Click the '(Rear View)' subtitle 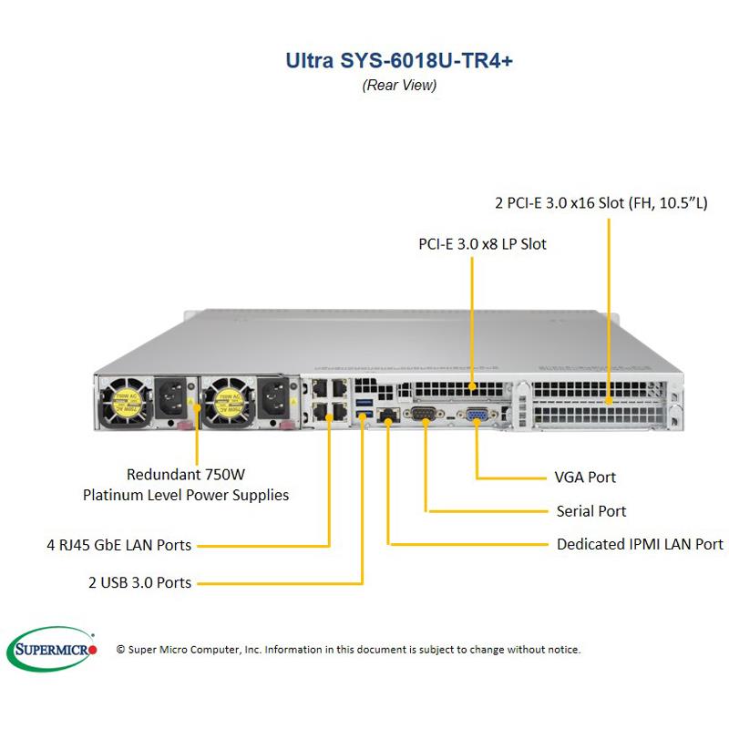coord(399,86)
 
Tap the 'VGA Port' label coord(585,477)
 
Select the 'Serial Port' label coord(591,511)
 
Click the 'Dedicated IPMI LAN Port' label coord(640,544)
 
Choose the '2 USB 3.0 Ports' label coord(140,582)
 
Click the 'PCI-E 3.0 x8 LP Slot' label coord(483,244)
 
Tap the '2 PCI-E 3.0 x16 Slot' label coord(601,202)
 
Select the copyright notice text coord(348,650)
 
